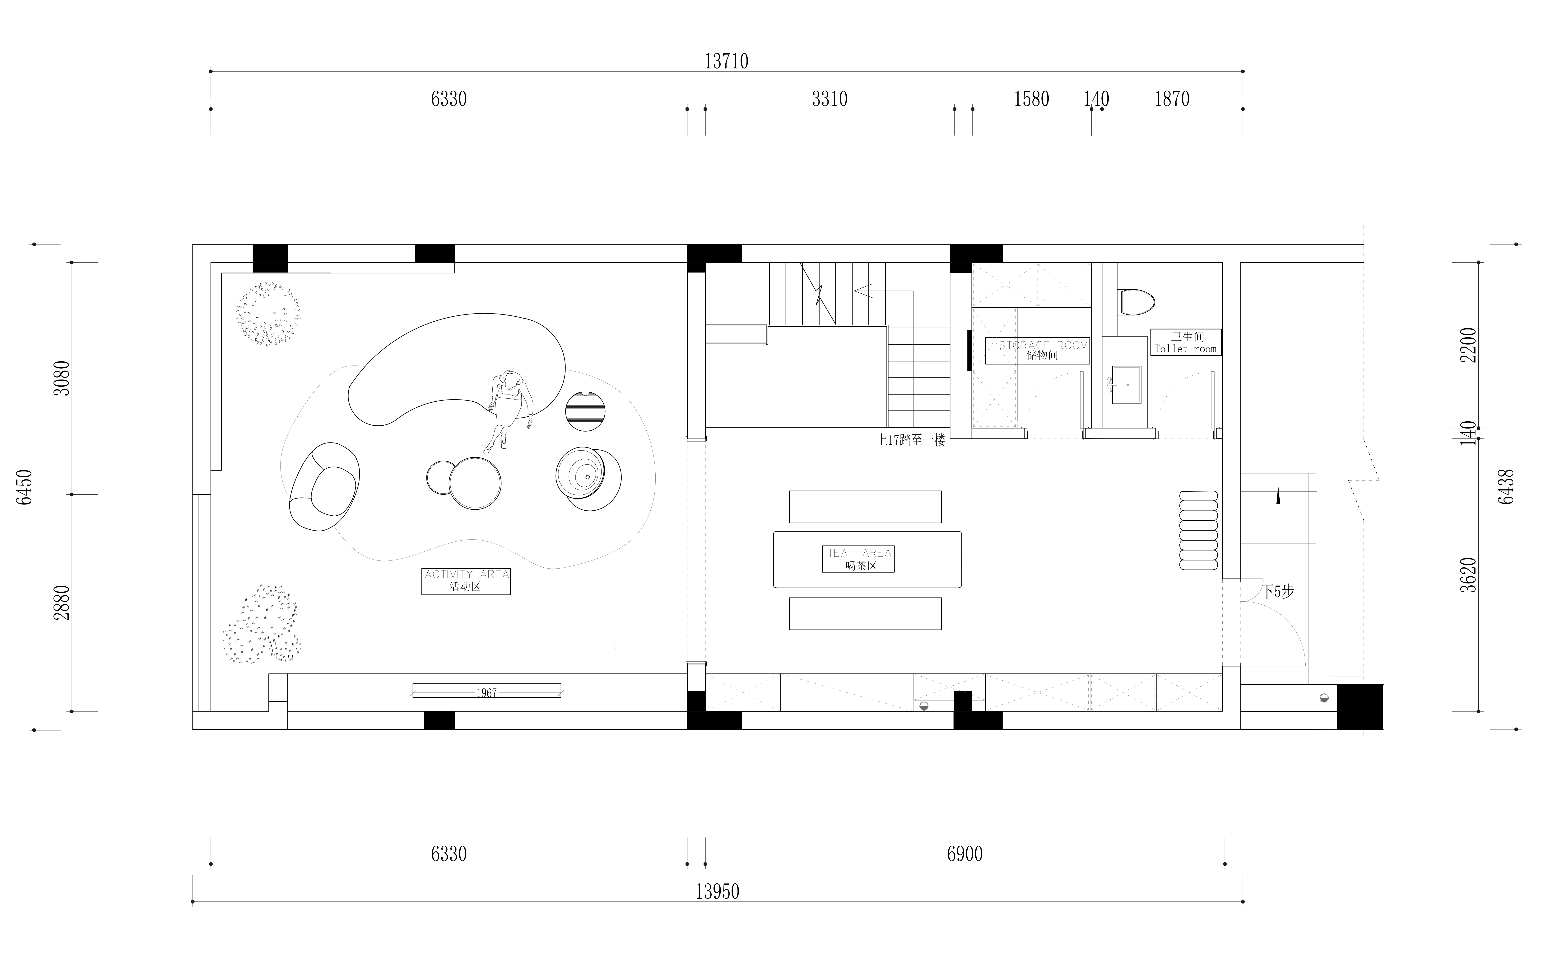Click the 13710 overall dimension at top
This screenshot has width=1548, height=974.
click(x=726, y=61)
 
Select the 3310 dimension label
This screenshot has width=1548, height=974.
click(x=829, y=99)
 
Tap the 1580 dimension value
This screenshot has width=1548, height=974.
click(x=1031, y=99)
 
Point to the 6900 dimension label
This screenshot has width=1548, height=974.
click(x=964, y=854)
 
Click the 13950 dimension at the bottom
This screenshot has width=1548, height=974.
click(x=717, y=891)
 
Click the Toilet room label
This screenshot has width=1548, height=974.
click(x=1185, y=342)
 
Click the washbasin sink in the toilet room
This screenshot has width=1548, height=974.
click(x=1126, y=385)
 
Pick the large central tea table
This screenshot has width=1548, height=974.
click(x=867, y=559)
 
